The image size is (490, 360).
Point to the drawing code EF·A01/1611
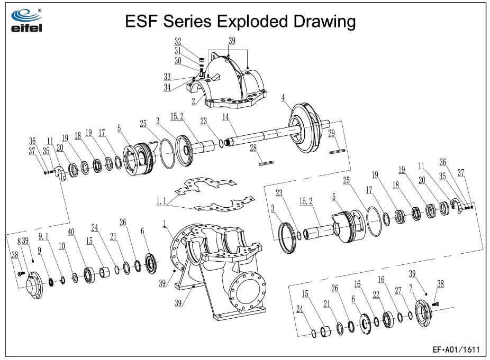[x=456, y=349]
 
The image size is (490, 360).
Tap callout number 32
[x=178, y=41]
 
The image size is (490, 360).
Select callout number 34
[x=167, y=87]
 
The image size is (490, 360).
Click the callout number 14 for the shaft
[x=226, y=116]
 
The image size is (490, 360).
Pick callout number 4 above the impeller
[x=284, y=97]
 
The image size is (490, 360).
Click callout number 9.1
[x=43, y=236]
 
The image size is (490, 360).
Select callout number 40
[x=71, y=232]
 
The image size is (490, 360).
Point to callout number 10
[x=62, y=246]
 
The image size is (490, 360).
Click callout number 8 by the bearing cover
[x=20, y=241]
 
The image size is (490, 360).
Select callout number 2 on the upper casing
[x=193, y=100]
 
